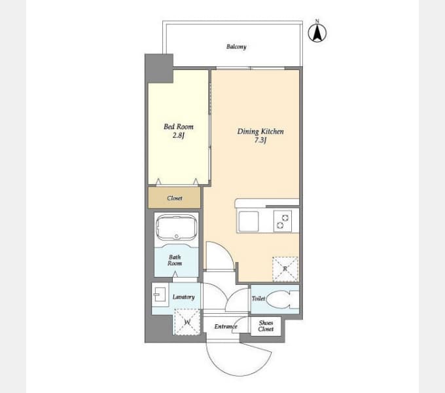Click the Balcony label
[236, 47]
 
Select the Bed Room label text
[179, 126]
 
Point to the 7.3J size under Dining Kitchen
[260, 140]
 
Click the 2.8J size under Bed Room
[179, 136]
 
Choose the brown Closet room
[174, 198]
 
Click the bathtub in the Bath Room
[177, 228]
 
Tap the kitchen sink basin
[249, 221]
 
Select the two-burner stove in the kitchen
[283, 221]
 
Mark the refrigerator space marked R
[285, 269]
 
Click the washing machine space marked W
[187, 322]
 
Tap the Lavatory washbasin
[160, 295]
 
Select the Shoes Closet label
[266, 326]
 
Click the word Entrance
[226, 327]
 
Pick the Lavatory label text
[184, 297]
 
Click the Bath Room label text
[175, 260]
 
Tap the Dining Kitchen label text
[260, 132]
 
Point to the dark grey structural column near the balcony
[159, 68]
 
